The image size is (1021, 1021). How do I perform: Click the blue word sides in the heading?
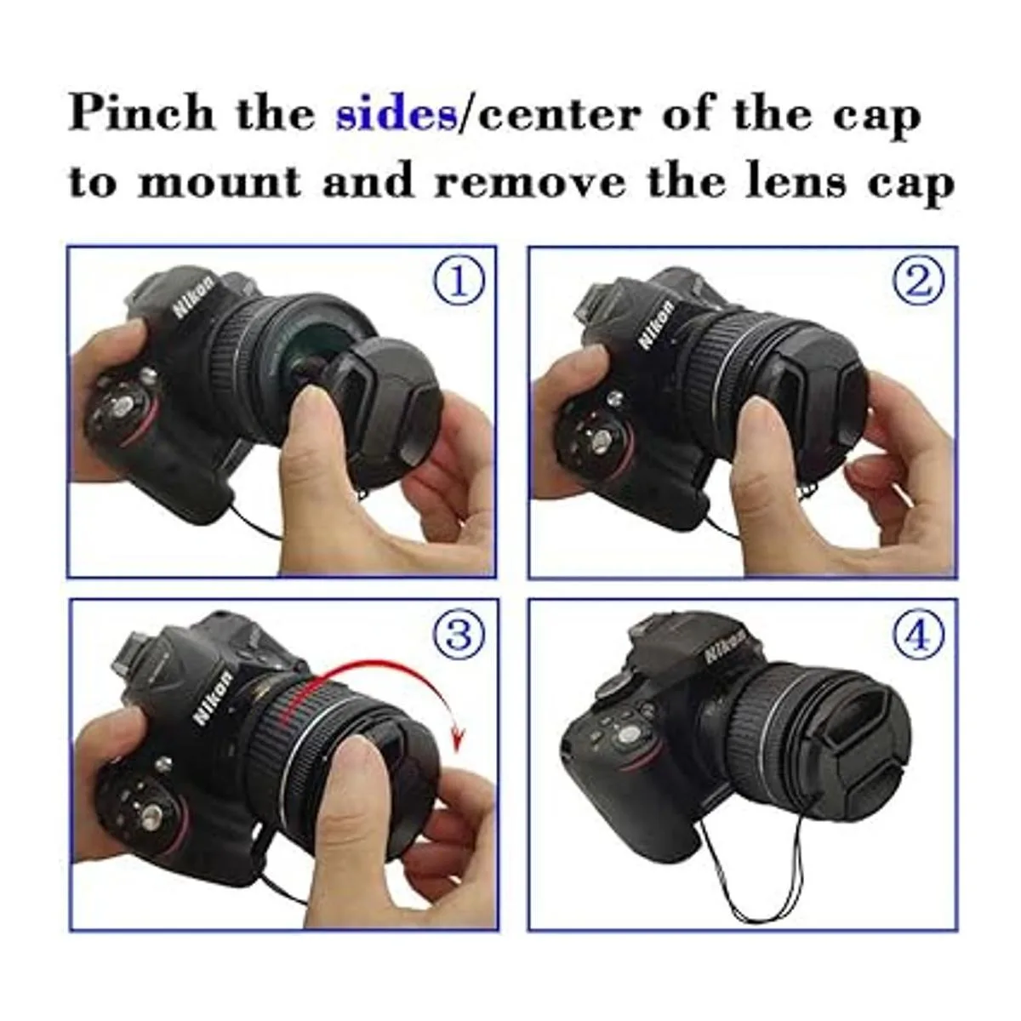[x=396, y=116]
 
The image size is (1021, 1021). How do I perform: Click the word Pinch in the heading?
[x=142, y=114]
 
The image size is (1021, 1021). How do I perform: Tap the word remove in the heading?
[x=528, y=183]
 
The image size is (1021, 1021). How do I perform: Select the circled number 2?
[x=919, y=281]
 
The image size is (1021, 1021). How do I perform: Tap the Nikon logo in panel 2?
[x=657, y=324]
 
